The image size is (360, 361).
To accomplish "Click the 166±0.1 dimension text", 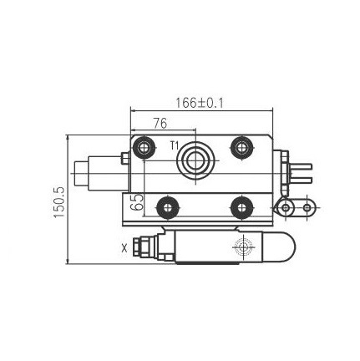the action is coord(200,104).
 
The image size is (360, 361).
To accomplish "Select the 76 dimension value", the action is coord(160,123).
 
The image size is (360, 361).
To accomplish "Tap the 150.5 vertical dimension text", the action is coord(59,202).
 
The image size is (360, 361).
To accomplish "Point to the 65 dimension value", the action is coord(136,202).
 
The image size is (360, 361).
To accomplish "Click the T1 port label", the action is coord(175,145).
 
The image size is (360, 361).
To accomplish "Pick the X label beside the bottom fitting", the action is coord(124,247).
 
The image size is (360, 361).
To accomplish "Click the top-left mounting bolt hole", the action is coord(144,148).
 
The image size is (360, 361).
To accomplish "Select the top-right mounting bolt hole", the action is coord(242,147).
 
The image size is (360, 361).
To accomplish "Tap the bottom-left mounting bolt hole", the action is coord(167,207).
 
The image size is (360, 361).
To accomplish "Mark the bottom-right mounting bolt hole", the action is coord(242,207).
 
